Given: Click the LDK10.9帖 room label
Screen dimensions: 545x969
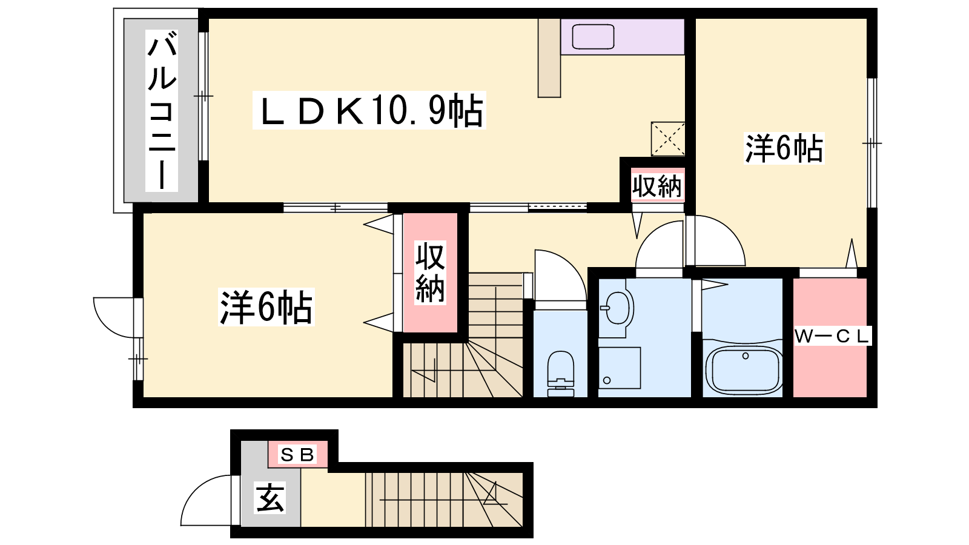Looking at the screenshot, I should point(369,111).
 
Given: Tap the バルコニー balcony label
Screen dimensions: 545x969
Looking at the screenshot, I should point(162,113).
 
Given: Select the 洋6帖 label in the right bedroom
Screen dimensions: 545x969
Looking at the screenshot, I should point(784,148).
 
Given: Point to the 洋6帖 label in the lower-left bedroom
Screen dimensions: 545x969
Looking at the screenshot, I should point(266,308).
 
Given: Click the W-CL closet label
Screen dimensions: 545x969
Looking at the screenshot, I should point(832,336).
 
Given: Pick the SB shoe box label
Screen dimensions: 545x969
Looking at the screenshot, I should point(298,454).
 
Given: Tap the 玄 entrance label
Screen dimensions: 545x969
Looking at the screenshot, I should point(270,498).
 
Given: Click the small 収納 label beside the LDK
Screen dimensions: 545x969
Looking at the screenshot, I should point(657,185).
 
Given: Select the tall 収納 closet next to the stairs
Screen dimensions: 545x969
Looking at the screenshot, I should point(430,272).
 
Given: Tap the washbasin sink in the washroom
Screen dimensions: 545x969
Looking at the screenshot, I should point(618,308).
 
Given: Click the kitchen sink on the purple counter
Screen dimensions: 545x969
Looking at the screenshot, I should point(593,36).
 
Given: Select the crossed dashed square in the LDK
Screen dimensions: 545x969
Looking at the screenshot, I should point(667,139).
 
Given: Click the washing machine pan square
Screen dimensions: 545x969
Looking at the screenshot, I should point(620,368).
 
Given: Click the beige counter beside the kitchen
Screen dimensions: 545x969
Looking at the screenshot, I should point(549,58).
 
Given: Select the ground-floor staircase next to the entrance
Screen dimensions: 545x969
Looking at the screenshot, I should point(443,500).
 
